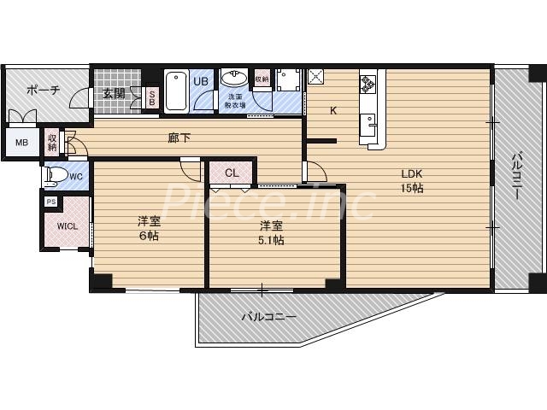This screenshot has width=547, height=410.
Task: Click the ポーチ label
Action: (x=43, y=91)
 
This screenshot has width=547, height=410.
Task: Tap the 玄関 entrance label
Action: (x=115, y=94)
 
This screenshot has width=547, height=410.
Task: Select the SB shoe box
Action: (x=152, y=97)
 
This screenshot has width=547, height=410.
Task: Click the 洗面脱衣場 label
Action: (x=234, y=101)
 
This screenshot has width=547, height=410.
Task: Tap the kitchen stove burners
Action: (x=369, y=84)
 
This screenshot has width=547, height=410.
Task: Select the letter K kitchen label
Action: (x=333, y=110)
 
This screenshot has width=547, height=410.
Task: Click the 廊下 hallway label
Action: (x=179, y=137)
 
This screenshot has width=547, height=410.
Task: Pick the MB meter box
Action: (x=21, y=143)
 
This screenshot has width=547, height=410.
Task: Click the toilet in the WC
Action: (x=58, y=176)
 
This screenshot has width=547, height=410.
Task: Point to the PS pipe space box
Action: (x=51, y=202)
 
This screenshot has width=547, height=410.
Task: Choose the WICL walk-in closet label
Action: (x=67, y=226)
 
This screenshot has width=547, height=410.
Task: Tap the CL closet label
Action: (x=232, y=173)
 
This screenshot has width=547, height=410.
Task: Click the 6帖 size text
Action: (x=149, y=236)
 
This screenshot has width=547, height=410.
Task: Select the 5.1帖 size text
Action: (x=272, y=241)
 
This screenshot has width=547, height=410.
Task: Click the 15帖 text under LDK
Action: (x=413, y=189)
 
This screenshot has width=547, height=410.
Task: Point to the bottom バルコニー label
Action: (x=268, y=317)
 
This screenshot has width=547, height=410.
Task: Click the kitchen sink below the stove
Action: (x=373, y=125)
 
